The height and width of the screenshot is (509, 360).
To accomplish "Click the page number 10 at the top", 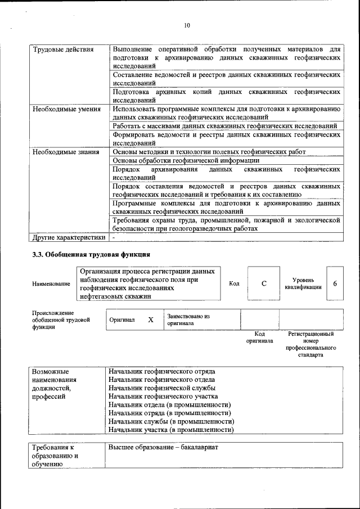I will coord(187,25).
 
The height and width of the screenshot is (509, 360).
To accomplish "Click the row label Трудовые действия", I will coord(62,49).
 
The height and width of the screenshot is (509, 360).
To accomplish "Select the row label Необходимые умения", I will coord(66,109).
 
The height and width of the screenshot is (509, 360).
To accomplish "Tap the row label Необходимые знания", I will coord(65,152).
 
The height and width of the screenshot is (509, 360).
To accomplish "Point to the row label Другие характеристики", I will coord(69,237).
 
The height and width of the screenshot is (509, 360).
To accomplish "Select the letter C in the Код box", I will coord(264,283).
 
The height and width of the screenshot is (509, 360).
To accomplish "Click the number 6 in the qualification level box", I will coord(335,283).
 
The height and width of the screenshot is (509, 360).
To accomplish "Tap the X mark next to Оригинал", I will coord(150,319).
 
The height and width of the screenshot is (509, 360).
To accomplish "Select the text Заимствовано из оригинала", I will coord(188,320).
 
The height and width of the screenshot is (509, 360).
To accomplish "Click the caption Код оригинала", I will coord(259,337).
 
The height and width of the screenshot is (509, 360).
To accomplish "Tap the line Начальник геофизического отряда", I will coord(162,371).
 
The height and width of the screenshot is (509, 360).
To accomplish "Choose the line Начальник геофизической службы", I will coord(162,388).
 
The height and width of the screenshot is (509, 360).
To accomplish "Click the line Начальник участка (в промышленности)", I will coord(171,430).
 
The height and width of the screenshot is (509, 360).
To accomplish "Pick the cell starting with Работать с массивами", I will coord(224,126).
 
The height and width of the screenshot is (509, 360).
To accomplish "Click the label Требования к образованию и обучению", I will coord(54,456).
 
